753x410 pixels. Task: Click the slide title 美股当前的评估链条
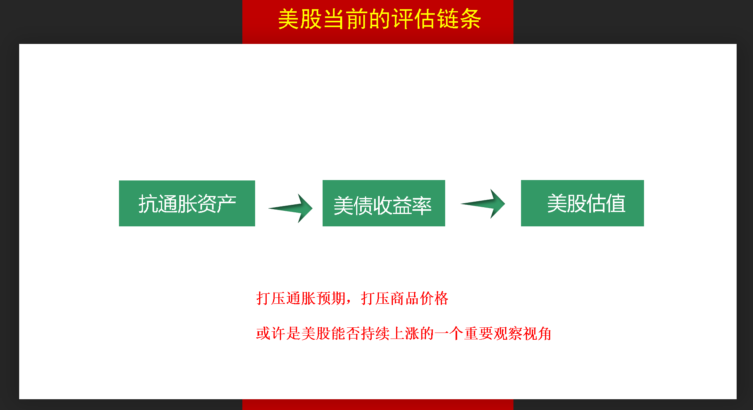[x=379, y=19]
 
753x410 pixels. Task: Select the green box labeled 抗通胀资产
[x=187, y=203]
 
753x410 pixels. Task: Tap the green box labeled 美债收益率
[x=384, y=203]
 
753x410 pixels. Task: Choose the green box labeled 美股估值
[x=582, y=203]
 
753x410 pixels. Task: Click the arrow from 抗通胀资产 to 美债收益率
[x=291, y=208]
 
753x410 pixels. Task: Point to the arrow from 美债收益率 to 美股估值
[x=483, y=204]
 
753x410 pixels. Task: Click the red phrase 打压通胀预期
[x=301, y=298]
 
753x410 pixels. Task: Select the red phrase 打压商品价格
[x=405, y=298]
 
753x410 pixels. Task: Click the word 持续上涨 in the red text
[x=390, y=333]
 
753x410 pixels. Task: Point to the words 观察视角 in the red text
[x=523, y=333]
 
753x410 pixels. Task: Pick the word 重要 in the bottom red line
[x=479, y=333]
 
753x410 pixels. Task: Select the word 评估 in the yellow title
[x=414, y=19]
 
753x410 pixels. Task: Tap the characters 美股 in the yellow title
[x=300, y=19]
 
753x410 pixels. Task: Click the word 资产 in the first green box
[x=217, y=204]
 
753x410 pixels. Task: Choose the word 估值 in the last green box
[x=606, y=204]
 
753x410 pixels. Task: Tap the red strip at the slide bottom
[x=378, y=404]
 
